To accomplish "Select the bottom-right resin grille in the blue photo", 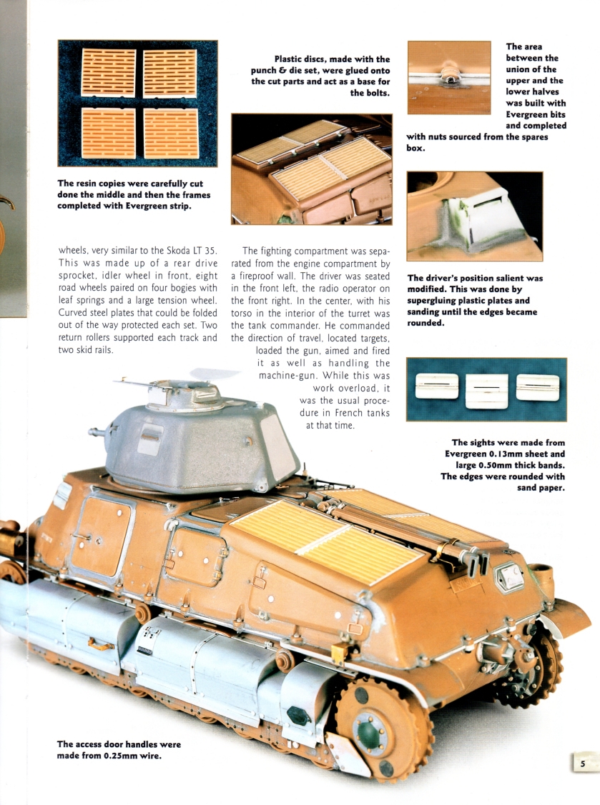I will [171, 133].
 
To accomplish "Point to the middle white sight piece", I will [486, 390].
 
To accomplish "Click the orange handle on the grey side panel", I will [101, 644].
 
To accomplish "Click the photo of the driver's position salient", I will [474, 216].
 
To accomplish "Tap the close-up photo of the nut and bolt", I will [449, 77].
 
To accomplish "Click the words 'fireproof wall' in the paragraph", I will [275, 263].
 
